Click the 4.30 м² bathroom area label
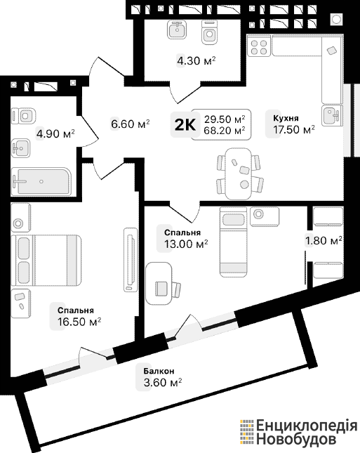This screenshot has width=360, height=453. [196, 61]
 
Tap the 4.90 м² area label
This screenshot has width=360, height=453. [55, 133]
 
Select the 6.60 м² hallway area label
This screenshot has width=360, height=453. [131, 124]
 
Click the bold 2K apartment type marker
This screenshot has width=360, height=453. [185, 125]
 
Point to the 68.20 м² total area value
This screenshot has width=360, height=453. [225, 131]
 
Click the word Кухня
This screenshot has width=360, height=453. [286, 118]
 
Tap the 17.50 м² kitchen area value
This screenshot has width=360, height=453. [294, 130]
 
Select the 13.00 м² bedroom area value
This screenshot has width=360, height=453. [186, 244]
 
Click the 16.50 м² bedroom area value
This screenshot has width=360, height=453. [79, 322]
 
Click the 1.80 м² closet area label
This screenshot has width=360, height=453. [324, 240]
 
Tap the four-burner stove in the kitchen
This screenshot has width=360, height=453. [259, 48]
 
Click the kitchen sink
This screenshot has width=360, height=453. [332, 115]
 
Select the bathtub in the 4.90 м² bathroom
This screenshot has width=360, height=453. [41, 181]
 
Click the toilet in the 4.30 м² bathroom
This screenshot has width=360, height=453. [210, 32]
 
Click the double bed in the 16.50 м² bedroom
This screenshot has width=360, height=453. [46, 261]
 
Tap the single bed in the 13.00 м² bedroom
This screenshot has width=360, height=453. [234, 242]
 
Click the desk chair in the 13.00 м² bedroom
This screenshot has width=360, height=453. [168, 289]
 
